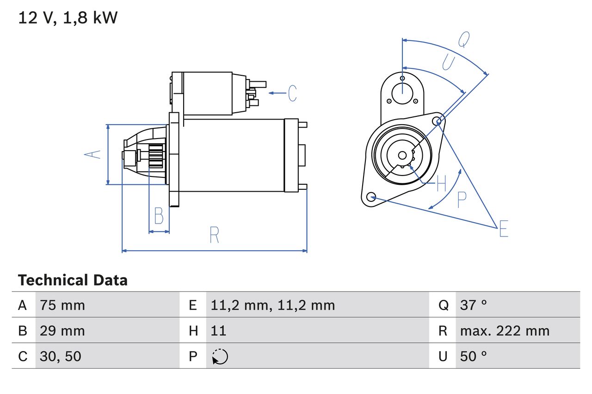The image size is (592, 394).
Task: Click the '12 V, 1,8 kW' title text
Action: click(68, 18)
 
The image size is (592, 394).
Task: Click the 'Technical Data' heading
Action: click(73, 280)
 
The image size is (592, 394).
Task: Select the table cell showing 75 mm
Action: click(62, 305)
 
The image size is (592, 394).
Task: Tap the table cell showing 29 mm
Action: click(62, 331)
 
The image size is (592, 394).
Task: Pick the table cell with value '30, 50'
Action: click(61, 356)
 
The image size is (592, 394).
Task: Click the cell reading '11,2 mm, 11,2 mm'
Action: click(272, 305)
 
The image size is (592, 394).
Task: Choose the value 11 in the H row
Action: click(218, 331)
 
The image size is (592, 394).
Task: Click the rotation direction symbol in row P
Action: click(220, 357)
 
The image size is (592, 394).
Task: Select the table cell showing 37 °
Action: click(474, 305)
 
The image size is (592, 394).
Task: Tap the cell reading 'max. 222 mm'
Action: click(505, 331)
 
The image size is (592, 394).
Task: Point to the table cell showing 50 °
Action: click(474, 356)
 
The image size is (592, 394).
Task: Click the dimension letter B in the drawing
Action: click(159, 216)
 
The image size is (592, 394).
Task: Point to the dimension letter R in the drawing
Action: click(214, 235)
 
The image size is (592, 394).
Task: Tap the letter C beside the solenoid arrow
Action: click(292, 93)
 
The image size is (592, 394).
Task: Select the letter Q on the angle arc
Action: click(464, 40)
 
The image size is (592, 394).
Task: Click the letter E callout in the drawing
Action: click(504, 229)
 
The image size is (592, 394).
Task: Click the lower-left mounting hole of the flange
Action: click(370, 197)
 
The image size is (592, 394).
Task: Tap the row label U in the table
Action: click(443, 356)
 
